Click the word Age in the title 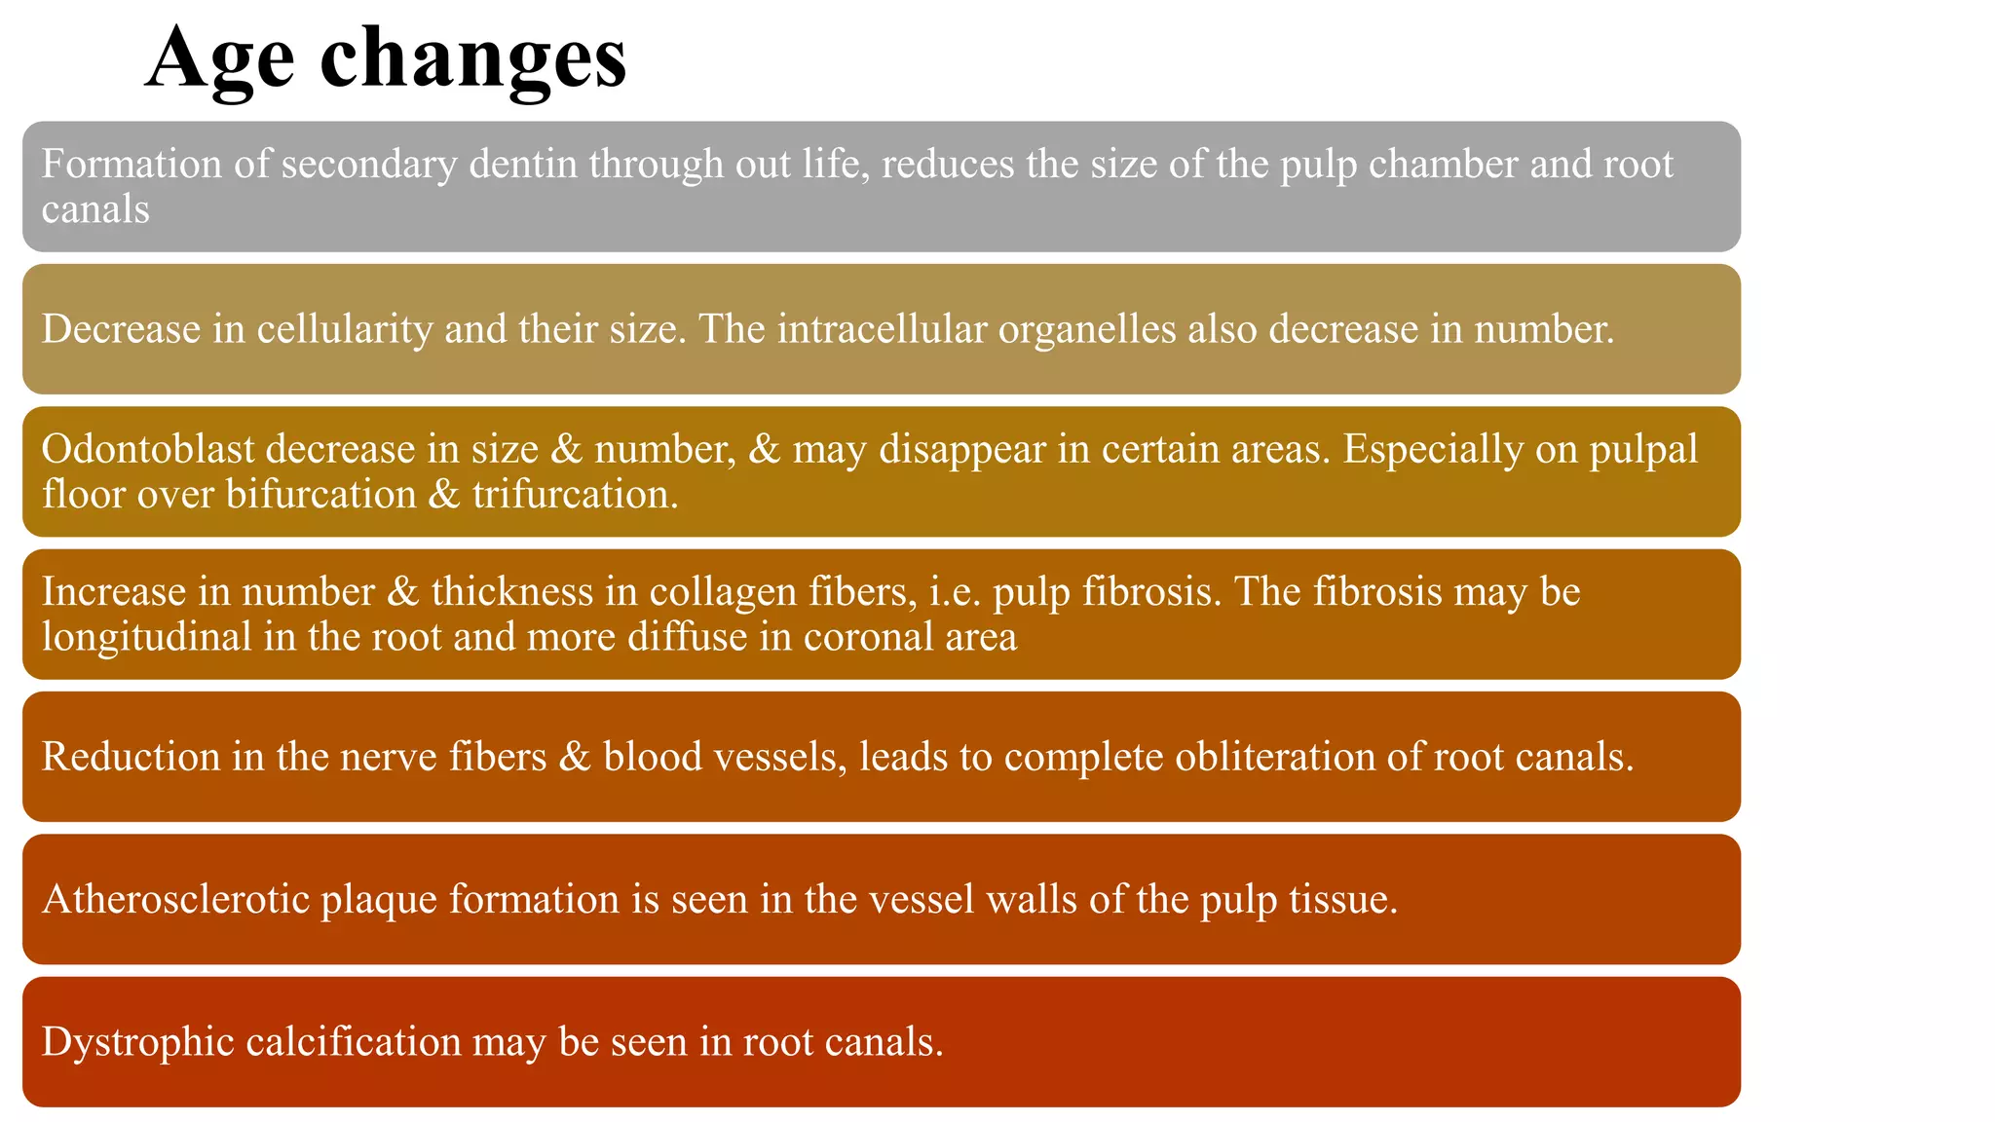pos(220,58)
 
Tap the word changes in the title pos(472,58)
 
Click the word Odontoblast pos(147,450)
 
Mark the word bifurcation pos(320,495)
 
